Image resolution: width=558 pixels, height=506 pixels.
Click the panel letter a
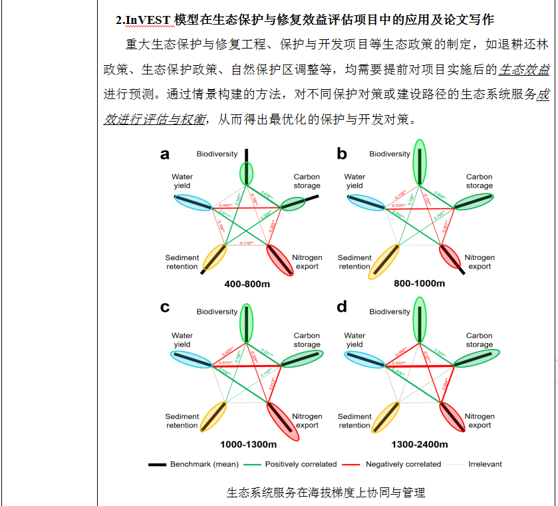click(x=165, y=155)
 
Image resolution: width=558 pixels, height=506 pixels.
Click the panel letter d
click(x=342, y=307)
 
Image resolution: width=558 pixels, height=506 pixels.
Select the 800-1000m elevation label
click(x=420, y=284)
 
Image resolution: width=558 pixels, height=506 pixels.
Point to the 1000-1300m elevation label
click(x=247, y=444)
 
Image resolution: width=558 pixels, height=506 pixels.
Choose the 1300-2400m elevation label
click(x=420, y=444)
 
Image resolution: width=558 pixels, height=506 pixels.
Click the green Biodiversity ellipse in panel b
click(x=419, y=162)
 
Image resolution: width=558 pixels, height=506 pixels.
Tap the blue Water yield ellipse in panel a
click(x=194, y=202)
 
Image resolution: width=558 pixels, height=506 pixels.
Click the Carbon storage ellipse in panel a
click(x=291, y=204)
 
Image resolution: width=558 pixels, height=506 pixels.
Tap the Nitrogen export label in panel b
click(x=480, y=262)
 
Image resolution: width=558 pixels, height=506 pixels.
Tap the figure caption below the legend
click(x=325, y=493)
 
